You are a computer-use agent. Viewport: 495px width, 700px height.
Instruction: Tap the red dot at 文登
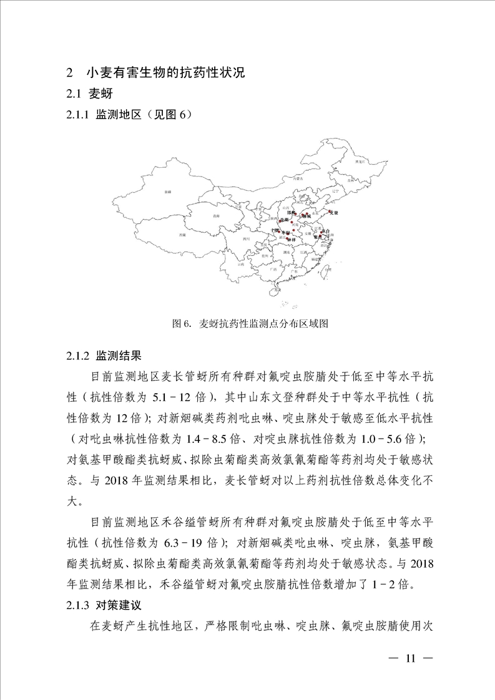330,213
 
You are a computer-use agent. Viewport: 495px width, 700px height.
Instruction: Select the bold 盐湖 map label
284,220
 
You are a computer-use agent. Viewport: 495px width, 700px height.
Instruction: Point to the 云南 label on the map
241,265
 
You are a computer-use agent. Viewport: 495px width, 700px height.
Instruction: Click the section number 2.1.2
79,356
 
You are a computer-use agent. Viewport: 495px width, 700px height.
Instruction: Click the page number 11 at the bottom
410,658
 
